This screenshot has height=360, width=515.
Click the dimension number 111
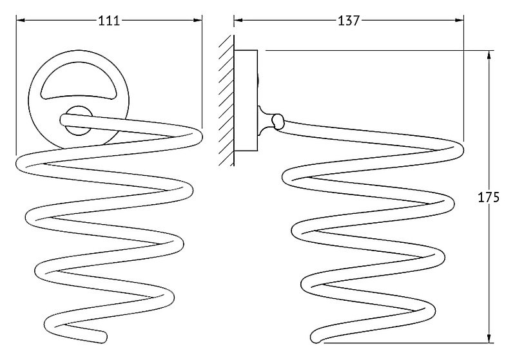coord(110,21)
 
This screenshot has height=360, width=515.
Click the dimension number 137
coord(349,21)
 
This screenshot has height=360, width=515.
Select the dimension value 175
coord(488,197)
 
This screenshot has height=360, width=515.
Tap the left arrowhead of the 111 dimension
coord(21,21)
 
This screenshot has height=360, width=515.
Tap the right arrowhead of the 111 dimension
coord(198,21)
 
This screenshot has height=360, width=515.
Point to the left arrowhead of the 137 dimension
coord(238,20)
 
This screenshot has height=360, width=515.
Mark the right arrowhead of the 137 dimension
coord(460,20)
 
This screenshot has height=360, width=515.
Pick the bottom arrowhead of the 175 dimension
coord(489,338)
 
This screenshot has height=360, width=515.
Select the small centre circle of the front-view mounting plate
coord(79,120)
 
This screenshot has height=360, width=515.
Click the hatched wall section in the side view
coord(226,100)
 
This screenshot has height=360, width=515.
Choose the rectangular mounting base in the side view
coord(246,100)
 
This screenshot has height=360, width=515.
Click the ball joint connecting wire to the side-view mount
coord(278,121)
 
